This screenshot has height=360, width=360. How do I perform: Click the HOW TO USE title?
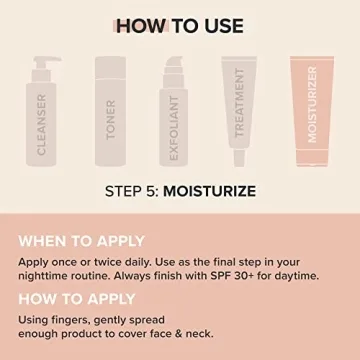(180, 24)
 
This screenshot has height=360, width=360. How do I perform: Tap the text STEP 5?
(134, 188)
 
